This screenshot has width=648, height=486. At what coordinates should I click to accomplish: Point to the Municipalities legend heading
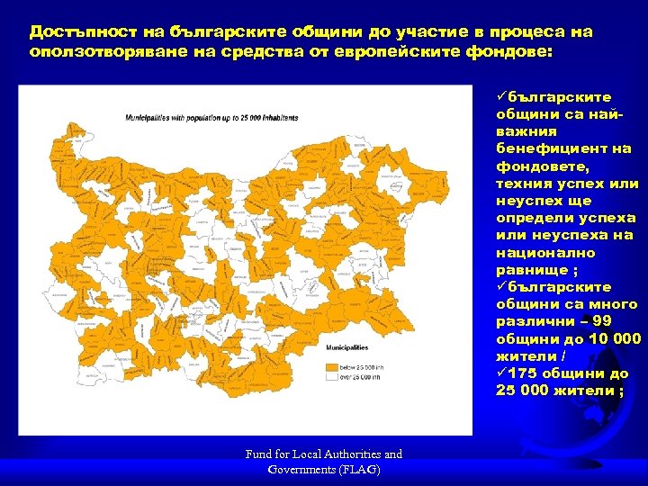tap(346, 346)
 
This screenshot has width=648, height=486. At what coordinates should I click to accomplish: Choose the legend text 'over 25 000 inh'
tap(361, 379)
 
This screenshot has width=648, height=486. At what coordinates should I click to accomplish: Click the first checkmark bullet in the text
tap(500, 97)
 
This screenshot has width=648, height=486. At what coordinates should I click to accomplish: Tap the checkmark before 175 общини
tap(500, 373)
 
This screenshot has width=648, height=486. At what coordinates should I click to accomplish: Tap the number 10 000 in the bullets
tap(608, 338)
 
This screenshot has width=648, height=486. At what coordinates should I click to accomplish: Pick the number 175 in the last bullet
tap(525, 373)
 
